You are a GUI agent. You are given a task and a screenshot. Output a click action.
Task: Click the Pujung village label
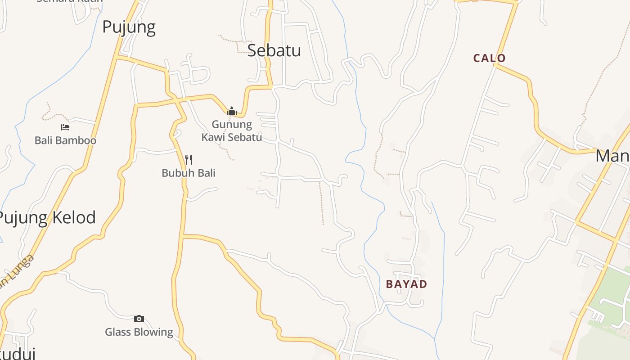129,27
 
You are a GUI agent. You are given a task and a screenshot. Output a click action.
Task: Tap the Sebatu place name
274,50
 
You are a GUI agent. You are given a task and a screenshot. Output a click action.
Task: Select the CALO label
490,58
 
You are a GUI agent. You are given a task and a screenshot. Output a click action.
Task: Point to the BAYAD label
406,284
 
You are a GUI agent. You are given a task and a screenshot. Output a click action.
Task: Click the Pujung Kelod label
47,218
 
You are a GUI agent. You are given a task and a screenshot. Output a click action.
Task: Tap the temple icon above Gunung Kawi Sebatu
232,111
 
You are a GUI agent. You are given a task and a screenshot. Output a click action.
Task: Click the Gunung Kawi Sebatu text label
232,130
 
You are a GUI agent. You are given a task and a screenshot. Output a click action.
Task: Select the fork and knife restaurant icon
189,160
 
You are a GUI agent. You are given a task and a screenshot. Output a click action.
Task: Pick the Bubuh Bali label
189,173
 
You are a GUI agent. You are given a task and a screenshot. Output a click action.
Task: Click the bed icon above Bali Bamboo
65,127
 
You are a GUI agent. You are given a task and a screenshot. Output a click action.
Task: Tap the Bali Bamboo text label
65,140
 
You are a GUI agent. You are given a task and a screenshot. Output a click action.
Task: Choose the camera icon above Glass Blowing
139,319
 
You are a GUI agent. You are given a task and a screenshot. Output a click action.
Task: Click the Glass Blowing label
139,332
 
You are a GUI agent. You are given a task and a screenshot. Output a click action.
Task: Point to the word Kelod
74,218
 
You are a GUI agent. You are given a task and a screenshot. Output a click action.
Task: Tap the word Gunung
232,124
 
